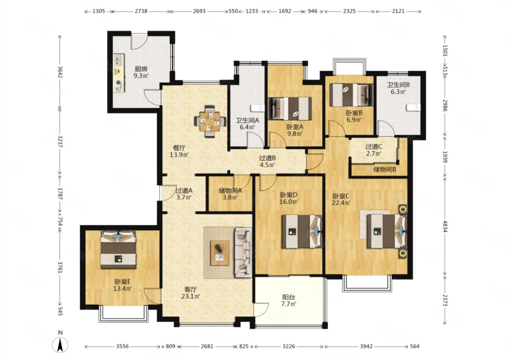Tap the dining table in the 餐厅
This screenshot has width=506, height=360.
210,122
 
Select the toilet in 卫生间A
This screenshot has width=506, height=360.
258,108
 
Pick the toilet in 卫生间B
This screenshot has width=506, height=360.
413,107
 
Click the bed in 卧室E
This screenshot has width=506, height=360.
118,250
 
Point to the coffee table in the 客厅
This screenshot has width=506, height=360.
220,253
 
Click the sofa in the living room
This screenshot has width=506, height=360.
244,252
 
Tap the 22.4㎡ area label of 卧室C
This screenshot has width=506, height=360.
341,203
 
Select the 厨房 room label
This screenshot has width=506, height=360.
141,69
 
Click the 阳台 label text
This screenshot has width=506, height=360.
289,297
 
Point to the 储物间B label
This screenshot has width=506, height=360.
384,169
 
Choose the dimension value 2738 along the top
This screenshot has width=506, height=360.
141,11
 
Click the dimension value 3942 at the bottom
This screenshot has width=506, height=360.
366,346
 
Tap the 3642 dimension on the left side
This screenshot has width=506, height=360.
60,72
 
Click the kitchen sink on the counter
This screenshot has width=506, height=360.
118,60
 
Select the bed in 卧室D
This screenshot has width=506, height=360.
302,231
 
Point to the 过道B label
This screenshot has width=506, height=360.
267,158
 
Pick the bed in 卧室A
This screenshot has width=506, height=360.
290,109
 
